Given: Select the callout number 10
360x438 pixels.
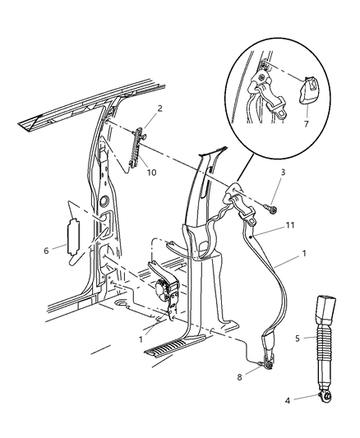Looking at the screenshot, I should (150, 172).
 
